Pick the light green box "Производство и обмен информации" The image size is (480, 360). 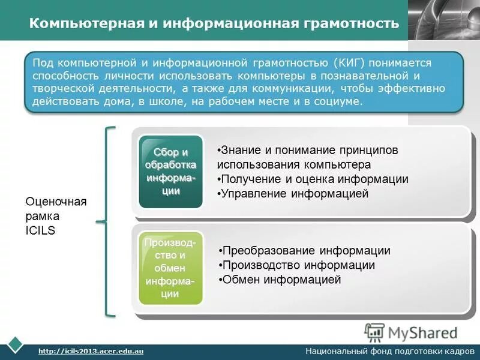pyautogui.click(x=171, y=268)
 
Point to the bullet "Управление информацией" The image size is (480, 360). pyautogui.click(x=293, y=194)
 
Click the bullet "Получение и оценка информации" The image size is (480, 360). pyautogui.click(x=313, y=179)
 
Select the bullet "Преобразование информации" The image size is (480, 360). pyautogui.click(x=305, y=251)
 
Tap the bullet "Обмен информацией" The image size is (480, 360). pyautogui.click(x=280, y=280)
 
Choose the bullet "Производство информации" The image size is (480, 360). pyautogui.click(x=297, y=265)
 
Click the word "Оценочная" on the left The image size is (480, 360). pyautogui.click(x=56, y=202)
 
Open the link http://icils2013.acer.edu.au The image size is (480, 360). pyautogui.click(x=91, y=350)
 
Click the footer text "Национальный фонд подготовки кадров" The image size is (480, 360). pyautogui.click(x=390, y=350)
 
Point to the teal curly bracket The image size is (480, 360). pyautogui.click(x=107, y=221)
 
